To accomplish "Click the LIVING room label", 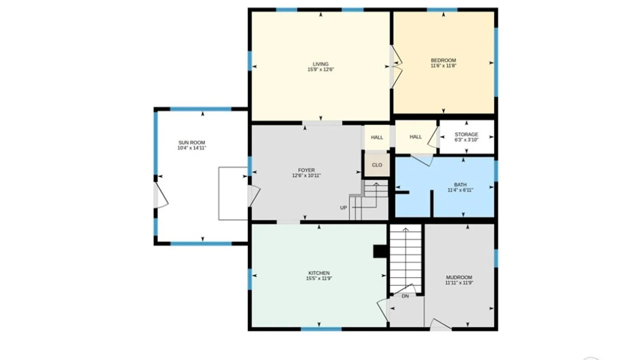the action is tap(320, 64).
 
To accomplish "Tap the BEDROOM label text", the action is tap(443, 60).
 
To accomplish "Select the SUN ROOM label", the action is tap(192, 143).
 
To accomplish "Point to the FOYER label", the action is tap(306, 170).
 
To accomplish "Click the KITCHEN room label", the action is tap(319, 273).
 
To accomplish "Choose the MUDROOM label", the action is tap(459, 277).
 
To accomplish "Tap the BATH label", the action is tap(460, 185).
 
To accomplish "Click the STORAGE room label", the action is tap(466, 134).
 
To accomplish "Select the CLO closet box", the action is tap(377, 165).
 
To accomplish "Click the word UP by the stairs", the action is tap(343, 208).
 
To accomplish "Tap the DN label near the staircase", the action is tap(405, 296).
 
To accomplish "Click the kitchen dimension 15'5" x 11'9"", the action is tap(319, 278).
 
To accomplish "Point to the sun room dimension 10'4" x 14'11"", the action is tap(192, 148).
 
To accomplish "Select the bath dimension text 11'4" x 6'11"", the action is tap(460, 190).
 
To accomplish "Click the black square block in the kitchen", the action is tap(380, 251).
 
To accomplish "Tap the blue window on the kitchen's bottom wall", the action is tap(321, 329).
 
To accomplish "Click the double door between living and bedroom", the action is tap(396, 67).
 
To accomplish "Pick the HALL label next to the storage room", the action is tap(415, 137).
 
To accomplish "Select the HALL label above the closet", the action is tap(377, 137).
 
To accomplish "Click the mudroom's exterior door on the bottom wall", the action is tap(441, 325).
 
